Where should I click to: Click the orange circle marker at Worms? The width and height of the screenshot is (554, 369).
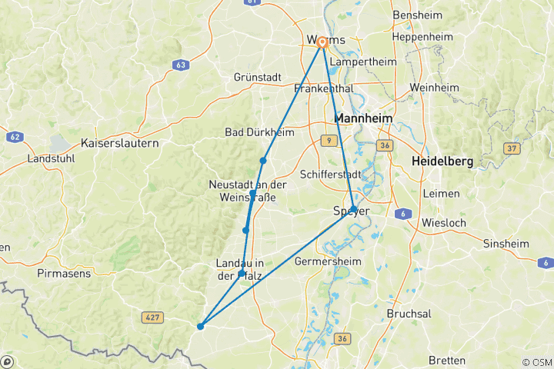pyautogui.click(x=323, y=43)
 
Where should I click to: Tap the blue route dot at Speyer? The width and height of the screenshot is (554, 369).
pyautogui.click(x=352, y=209)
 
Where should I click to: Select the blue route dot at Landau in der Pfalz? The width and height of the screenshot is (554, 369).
pyautogui.click(x=242, y=274)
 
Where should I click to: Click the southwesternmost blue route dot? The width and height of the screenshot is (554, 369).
pyautogui.click(x=200, y=327)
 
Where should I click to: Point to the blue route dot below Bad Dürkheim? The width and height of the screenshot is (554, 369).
pyautogui.click(x=263, y=161)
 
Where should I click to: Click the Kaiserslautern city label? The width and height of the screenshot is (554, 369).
pyautogui.click(x=119, y=143)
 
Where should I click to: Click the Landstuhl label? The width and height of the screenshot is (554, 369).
pyautogui.click(x=50, y=158)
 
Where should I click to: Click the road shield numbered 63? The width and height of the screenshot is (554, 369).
pyautogui.click(x=181, y=65)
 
